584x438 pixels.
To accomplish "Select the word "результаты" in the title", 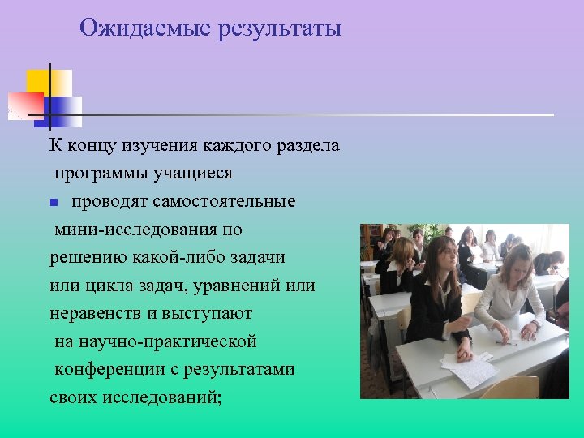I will click(x=277, y=29).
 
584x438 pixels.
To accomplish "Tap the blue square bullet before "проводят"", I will click(x=52, y=202).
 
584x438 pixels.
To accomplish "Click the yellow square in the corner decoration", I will click(x=38, y=81).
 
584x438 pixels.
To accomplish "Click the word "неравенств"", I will click(x=95, y=313).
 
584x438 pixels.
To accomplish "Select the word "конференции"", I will click(x=105, y=370).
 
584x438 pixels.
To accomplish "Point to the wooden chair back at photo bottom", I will click(x=510, y=387).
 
